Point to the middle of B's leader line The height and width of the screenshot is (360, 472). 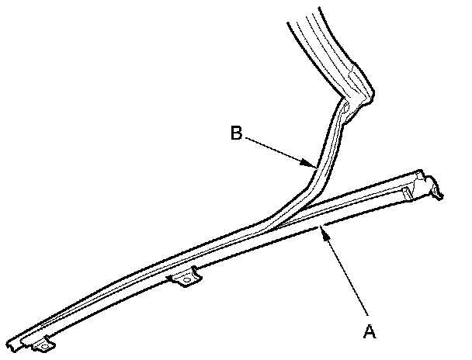278,149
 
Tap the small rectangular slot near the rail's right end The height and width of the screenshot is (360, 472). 406,190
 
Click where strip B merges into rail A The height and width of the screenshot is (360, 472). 268,225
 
